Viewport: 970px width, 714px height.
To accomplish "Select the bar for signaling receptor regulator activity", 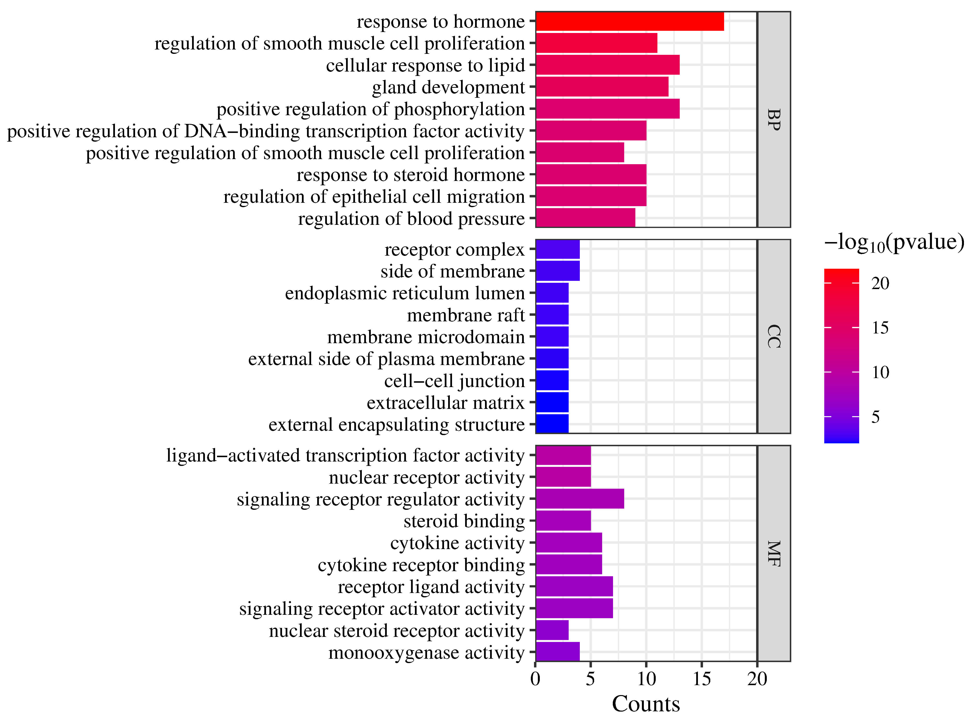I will (x=579, y=499).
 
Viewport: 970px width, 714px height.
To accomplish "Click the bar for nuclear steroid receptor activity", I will (x=552, y=631).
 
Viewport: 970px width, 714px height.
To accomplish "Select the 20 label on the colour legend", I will (x=880, y=284).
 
